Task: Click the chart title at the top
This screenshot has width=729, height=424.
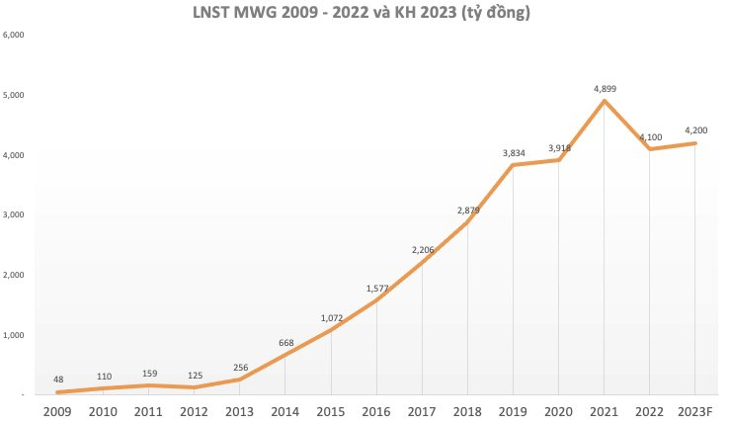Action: click(x=364, y=14)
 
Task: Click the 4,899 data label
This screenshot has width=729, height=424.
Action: click(x=605, y=89)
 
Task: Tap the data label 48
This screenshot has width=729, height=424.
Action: click(x=58, y=380)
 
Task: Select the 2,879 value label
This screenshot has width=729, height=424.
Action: click(x=467, y=210)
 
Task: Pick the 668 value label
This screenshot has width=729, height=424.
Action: click(x=286, y=343)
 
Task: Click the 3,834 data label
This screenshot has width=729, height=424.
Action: click(x=514, y=152)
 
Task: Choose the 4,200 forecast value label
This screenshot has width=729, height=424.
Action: click(x=695, y=130)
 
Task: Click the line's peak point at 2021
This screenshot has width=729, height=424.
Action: click(x=605, y=101)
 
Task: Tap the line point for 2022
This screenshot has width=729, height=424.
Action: click(x=650, y=149)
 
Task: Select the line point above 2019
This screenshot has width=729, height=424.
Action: click(x=514, y=165)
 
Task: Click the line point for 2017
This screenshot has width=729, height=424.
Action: click(x=423, y=263)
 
